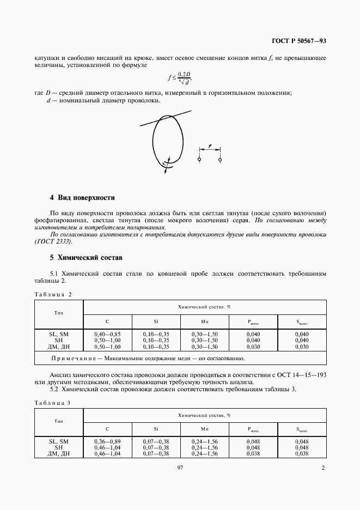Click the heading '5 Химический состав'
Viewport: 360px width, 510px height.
coord(86,256)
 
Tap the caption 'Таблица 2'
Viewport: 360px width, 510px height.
coord(53,294)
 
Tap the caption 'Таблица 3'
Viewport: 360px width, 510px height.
coord(53,402)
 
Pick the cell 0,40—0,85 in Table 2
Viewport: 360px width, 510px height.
coord(107,333)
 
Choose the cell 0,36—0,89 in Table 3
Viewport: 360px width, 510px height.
coord(107,441)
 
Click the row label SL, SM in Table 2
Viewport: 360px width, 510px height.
coord(58,333)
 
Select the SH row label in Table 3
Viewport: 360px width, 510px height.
coord(58,447)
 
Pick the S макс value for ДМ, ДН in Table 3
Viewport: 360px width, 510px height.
coord(302,453)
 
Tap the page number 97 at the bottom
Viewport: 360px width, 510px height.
coord(180,467)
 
